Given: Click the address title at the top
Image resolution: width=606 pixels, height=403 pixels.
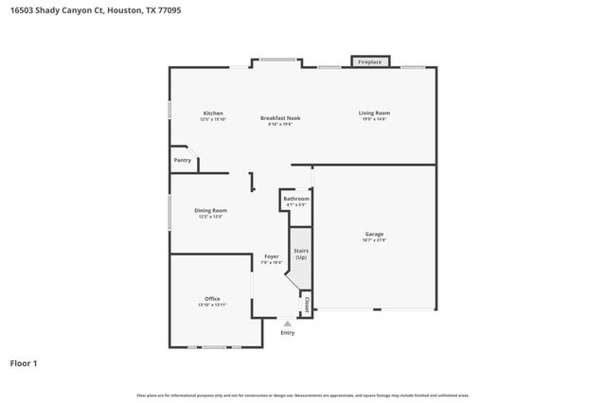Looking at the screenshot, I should coord(77,10).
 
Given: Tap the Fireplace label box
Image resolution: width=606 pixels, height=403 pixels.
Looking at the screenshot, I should coord(369,62).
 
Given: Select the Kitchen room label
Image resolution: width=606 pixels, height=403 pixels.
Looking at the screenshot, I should coord(212,114).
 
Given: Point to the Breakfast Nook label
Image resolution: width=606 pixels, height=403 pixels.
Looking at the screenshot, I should coord(279,117).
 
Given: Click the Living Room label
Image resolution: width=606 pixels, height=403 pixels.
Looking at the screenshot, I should coord(374,114).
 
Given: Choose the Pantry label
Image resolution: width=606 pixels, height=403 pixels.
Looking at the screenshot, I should coord(183,160).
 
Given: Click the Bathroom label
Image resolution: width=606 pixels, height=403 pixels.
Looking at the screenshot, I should coord(296,199).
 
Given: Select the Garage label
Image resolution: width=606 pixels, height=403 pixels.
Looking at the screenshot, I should coord(374,234).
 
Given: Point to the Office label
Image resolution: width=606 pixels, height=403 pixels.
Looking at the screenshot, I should coord(212,299).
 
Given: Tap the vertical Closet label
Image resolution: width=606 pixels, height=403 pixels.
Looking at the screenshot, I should coord(307,305).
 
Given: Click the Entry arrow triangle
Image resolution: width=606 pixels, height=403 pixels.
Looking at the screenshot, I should coord(287,324).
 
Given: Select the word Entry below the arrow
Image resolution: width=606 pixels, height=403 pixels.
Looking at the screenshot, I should coord(287,332).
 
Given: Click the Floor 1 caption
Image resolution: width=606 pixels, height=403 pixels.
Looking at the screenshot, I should coord(25,362).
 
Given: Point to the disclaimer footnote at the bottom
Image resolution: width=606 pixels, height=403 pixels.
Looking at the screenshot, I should coord(303,394).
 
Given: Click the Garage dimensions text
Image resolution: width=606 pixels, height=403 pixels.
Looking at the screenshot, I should coord(374,239).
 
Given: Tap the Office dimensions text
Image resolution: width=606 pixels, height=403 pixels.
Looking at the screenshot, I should coord(212,305).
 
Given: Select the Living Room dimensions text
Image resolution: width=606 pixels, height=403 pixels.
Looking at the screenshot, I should coord(374,119).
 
